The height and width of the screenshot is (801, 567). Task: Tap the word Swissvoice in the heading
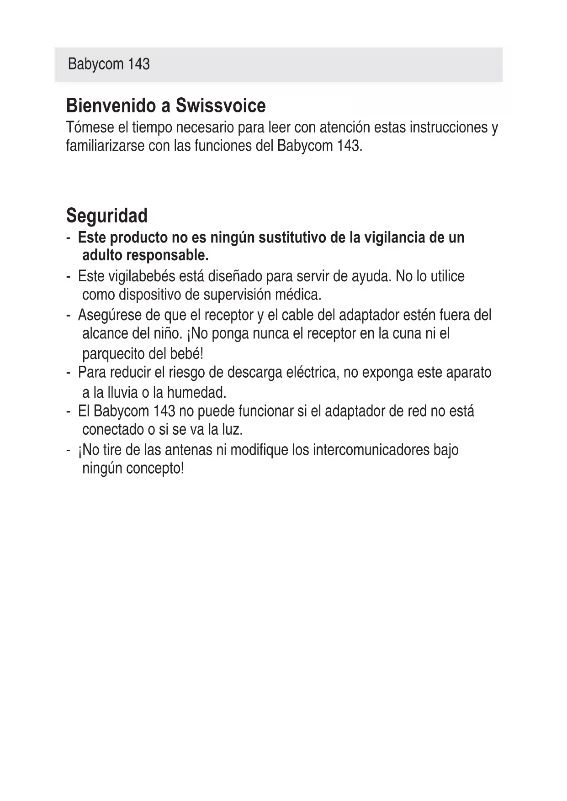pos(221,106)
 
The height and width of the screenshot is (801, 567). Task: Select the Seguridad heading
pos(107,216)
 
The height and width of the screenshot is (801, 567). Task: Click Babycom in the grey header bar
pos(95,64)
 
